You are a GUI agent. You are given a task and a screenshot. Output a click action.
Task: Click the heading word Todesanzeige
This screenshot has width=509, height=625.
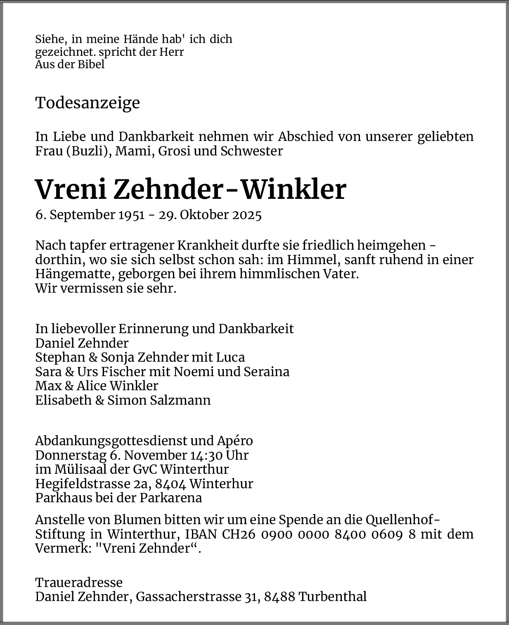coord(88,103)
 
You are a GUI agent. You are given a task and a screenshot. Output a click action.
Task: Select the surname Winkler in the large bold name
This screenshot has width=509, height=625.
coord(293,190)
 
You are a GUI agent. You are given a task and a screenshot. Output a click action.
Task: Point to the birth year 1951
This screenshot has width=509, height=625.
coord(131,215)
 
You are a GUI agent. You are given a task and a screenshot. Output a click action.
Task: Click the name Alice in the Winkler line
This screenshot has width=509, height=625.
coord(92,386)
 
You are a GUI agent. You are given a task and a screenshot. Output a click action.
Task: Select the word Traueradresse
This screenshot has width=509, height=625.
coord(79,582)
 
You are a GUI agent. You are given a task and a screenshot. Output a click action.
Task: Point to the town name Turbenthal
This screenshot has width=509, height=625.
coord(332,597)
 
